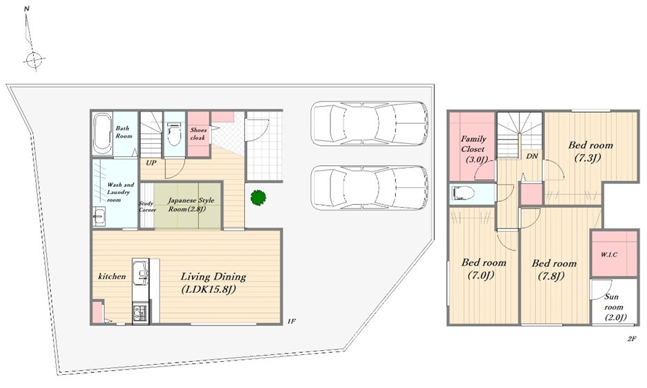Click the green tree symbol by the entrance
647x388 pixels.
tap(258, 197)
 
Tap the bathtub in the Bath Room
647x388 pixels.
tap(102, 134)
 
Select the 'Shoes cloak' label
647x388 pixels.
tap(198, 133)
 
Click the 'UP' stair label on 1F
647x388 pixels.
tap(151, 163)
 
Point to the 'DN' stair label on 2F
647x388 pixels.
tap(532, 156)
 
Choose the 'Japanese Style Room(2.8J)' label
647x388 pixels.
tap(191, 204)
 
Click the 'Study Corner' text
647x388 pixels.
tap(147, 206)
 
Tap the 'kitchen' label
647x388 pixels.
tap(112, 277)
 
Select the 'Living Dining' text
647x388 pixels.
tap(213, 277)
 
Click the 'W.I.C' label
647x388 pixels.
tap(609, 255)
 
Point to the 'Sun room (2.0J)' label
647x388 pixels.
tap(614, 308)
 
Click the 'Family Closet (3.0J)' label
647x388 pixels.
tap(474, 149)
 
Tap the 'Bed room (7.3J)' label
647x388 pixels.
tap(591, 151)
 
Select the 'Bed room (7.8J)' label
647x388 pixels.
tap(554, 270)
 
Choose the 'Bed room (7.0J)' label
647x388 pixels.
tap(484, 268)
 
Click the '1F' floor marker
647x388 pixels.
tap(291, 321)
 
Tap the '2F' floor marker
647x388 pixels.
tap(631, 339)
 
